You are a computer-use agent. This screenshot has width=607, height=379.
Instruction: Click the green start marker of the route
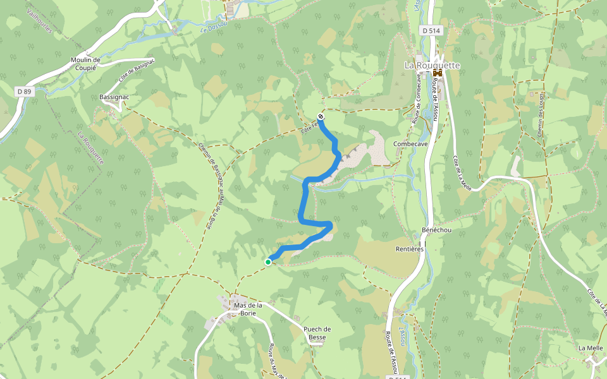268,262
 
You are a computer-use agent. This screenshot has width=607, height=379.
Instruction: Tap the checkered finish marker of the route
321,116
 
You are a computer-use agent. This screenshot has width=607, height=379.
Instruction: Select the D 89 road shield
24,92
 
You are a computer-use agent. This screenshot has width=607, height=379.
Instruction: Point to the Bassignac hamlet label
114,98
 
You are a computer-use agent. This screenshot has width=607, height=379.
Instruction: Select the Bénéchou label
436,230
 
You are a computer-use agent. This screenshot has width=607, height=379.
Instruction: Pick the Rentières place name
409,249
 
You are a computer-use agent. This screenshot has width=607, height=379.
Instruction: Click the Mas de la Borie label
248,309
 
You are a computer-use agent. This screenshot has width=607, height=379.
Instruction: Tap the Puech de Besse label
317,333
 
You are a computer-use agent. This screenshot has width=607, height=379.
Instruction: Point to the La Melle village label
591,348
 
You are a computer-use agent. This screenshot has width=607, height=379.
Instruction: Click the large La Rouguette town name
432,65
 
